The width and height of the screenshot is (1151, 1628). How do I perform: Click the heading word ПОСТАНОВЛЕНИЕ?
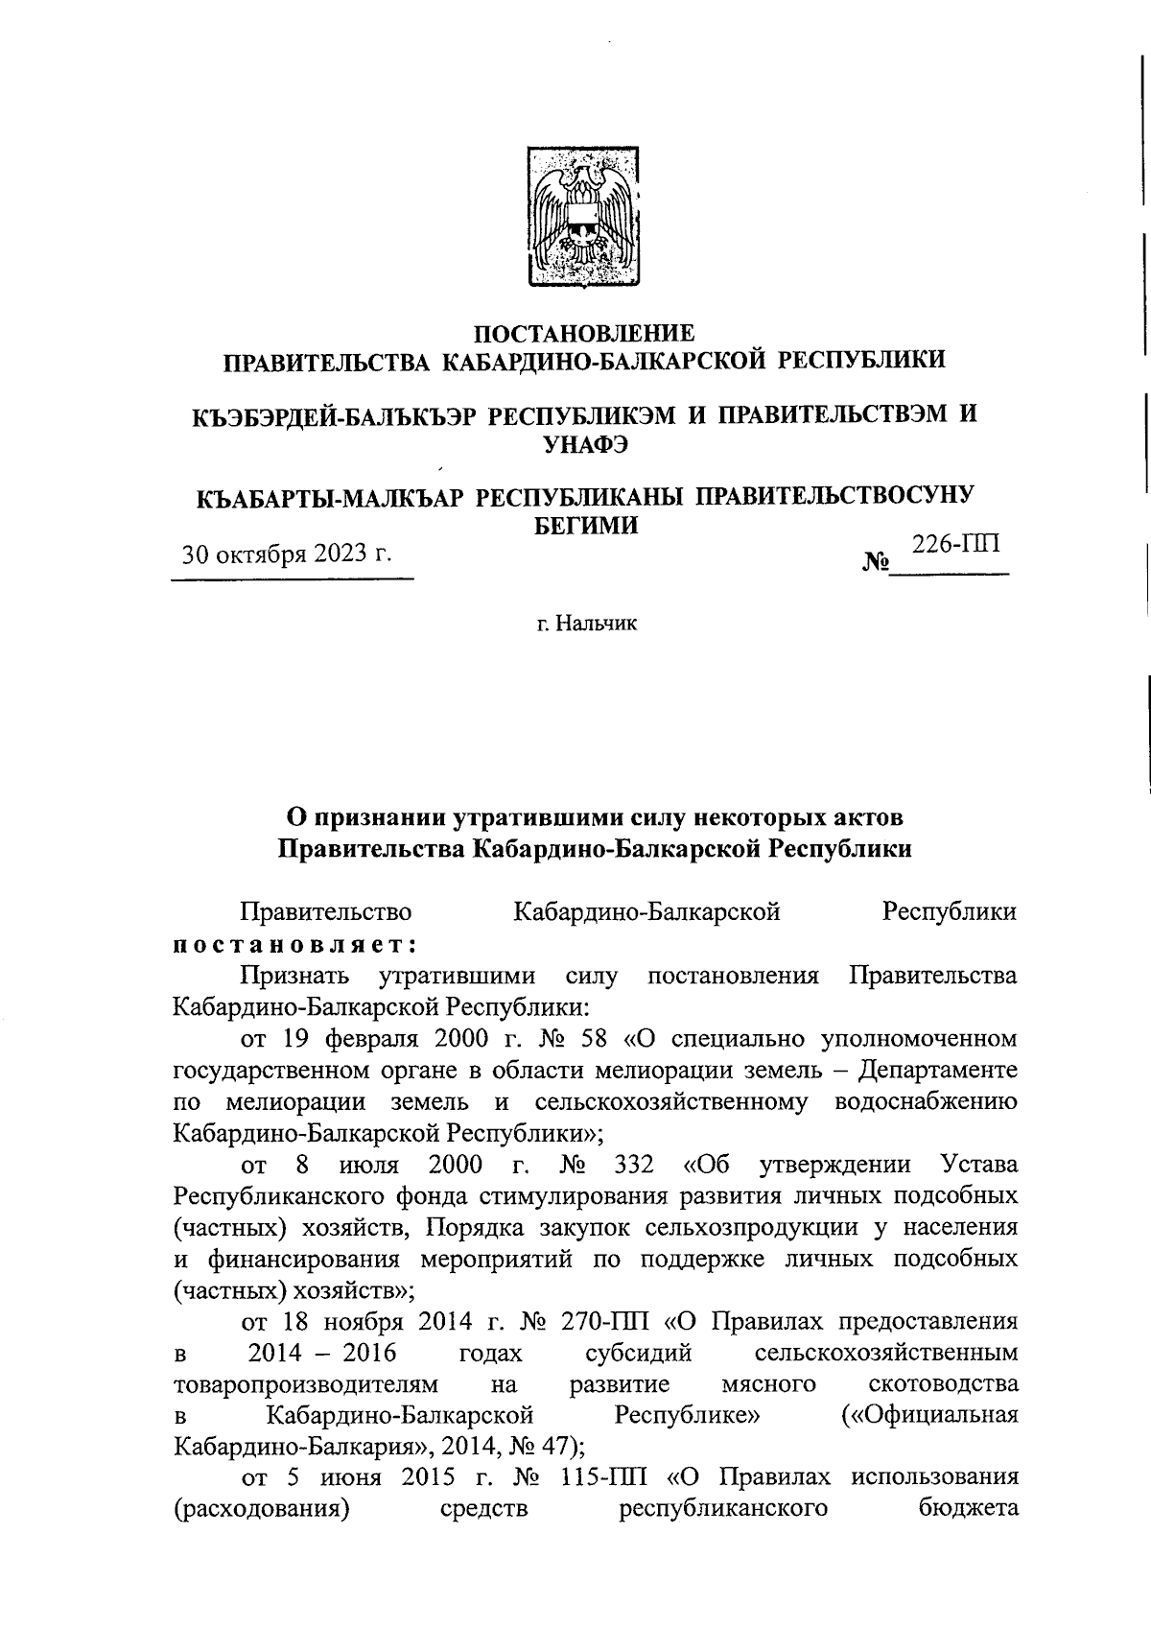(x=584, y=333)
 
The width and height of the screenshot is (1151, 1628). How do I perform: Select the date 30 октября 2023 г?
(x=289, y=554)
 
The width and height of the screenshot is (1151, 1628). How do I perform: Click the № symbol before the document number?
(x=878, y=562)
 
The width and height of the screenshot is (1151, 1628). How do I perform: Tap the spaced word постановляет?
(x=294, y=943)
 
